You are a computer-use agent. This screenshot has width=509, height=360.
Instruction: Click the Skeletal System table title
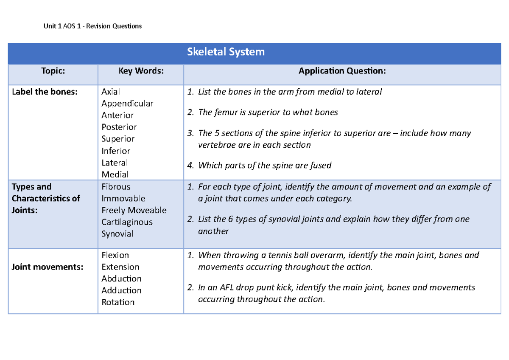pyautogui.click(x=226, y=52)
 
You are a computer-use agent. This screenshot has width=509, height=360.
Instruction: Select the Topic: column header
pyautogui.click(x=53, y=71)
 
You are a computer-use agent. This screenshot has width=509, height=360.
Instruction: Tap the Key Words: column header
pyautogui.click(x=141, y=71)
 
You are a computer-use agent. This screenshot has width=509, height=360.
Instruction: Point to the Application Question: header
pyautogui.click(x=342, y=71)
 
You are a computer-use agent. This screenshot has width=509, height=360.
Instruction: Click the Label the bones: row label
pyautogui.click(x=45, y=92)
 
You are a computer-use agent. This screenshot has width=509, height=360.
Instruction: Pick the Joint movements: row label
pyautogui.click(x=48, y=267)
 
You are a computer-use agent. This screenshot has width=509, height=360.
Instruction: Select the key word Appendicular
pyautogui.click(x=127, y=104)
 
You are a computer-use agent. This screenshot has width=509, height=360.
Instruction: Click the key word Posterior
pyautogui.click(x=119, y=127)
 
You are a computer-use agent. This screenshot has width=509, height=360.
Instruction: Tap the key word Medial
pyautogui.click(x=115, y=174)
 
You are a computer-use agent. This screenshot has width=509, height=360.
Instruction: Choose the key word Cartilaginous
pyautogui.click(x=127, y=222)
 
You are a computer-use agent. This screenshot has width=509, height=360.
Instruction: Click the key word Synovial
pyautogui.click(x=117, y=234)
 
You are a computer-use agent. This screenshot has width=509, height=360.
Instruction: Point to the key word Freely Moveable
pyautogui.click(x=134, y=210)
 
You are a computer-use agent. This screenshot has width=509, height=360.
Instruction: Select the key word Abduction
pyautogui.click(x=121, y=279)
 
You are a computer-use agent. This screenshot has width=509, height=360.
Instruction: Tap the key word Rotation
pyautogui.click(x=118, y=302)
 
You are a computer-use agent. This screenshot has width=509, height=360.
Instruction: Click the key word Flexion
pyautogui.click(x=115, y=255)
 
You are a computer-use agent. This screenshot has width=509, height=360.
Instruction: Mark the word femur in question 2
pyautogui.click(x=224, y=112)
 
